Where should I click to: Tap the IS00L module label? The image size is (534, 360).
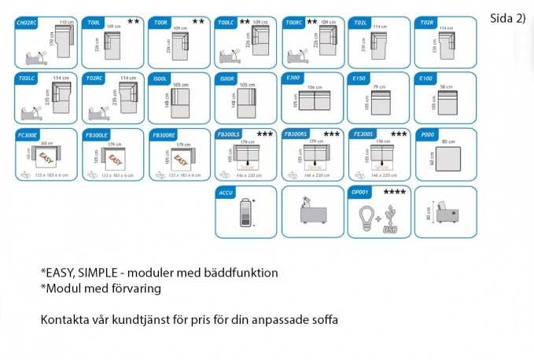pyautogui.click(x=160, y=79)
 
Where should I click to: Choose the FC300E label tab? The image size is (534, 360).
pyautogui.click(x=29, y=134)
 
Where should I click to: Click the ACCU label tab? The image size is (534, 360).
pyautogui.click(x=225, y=191)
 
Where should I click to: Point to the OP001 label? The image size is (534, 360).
pyautogui.click(x=359, y=191)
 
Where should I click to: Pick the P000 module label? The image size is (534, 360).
pyautogui.click(x=426, y=134)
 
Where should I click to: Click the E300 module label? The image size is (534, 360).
pyautogui.click(x=293, y=79)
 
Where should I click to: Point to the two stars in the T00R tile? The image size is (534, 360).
pyautogui.click(x=197, y=22)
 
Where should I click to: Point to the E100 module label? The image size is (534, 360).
pyautogui.click(x=426, y=79)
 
